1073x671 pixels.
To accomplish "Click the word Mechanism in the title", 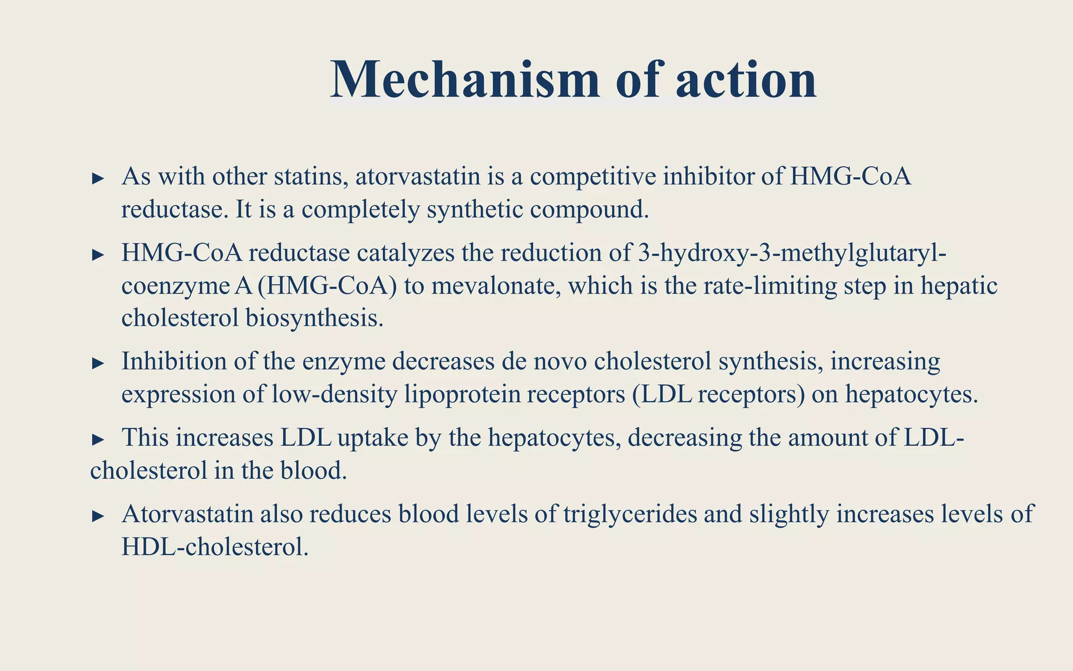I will pos(465,80).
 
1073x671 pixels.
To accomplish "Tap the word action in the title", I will pos(746,80).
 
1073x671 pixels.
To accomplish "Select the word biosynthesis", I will pos(314,318).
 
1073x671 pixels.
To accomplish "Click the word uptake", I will pos(373,438).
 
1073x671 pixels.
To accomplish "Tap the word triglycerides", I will pos(630,514).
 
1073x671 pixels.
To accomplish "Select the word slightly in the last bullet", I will pos(789,514).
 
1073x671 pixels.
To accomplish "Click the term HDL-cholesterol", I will pos(215,547).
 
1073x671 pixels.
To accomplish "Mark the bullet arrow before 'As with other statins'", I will pos(98,178).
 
